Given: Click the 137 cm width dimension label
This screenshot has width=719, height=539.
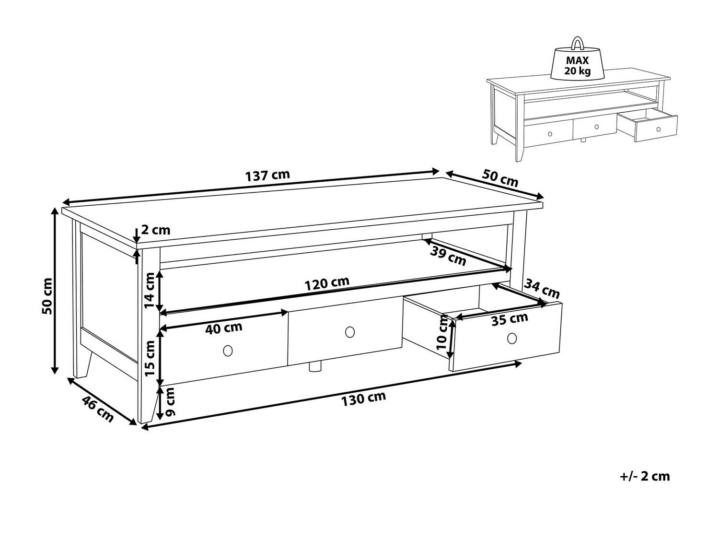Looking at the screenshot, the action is click(267, 176).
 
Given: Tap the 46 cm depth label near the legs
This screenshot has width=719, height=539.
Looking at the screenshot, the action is click(97, 409).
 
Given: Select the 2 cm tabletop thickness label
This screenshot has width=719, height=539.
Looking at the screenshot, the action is click(156, 230).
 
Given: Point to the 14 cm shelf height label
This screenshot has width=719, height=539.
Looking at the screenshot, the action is click(150, 290).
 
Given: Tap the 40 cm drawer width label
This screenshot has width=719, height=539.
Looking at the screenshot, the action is click(224, 328).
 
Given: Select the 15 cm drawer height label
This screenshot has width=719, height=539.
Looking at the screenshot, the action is click(150, 358).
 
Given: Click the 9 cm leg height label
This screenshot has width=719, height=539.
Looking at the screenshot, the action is click(170, 402).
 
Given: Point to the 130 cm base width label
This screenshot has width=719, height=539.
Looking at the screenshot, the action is click(363, 399).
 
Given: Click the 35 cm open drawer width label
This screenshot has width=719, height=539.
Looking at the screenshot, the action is click(510, 319).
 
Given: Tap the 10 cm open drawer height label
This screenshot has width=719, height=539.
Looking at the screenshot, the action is click(442, 332).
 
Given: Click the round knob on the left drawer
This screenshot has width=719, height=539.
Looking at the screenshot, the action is click(228, 351).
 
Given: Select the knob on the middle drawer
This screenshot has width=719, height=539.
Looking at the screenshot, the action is click(350, 332).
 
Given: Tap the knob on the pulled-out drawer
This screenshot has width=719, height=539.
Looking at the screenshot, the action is click(512, 338).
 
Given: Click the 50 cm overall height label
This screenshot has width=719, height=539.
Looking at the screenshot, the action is click(47, 296).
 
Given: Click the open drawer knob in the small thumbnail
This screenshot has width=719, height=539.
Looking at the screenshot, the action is click(659, 129).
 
